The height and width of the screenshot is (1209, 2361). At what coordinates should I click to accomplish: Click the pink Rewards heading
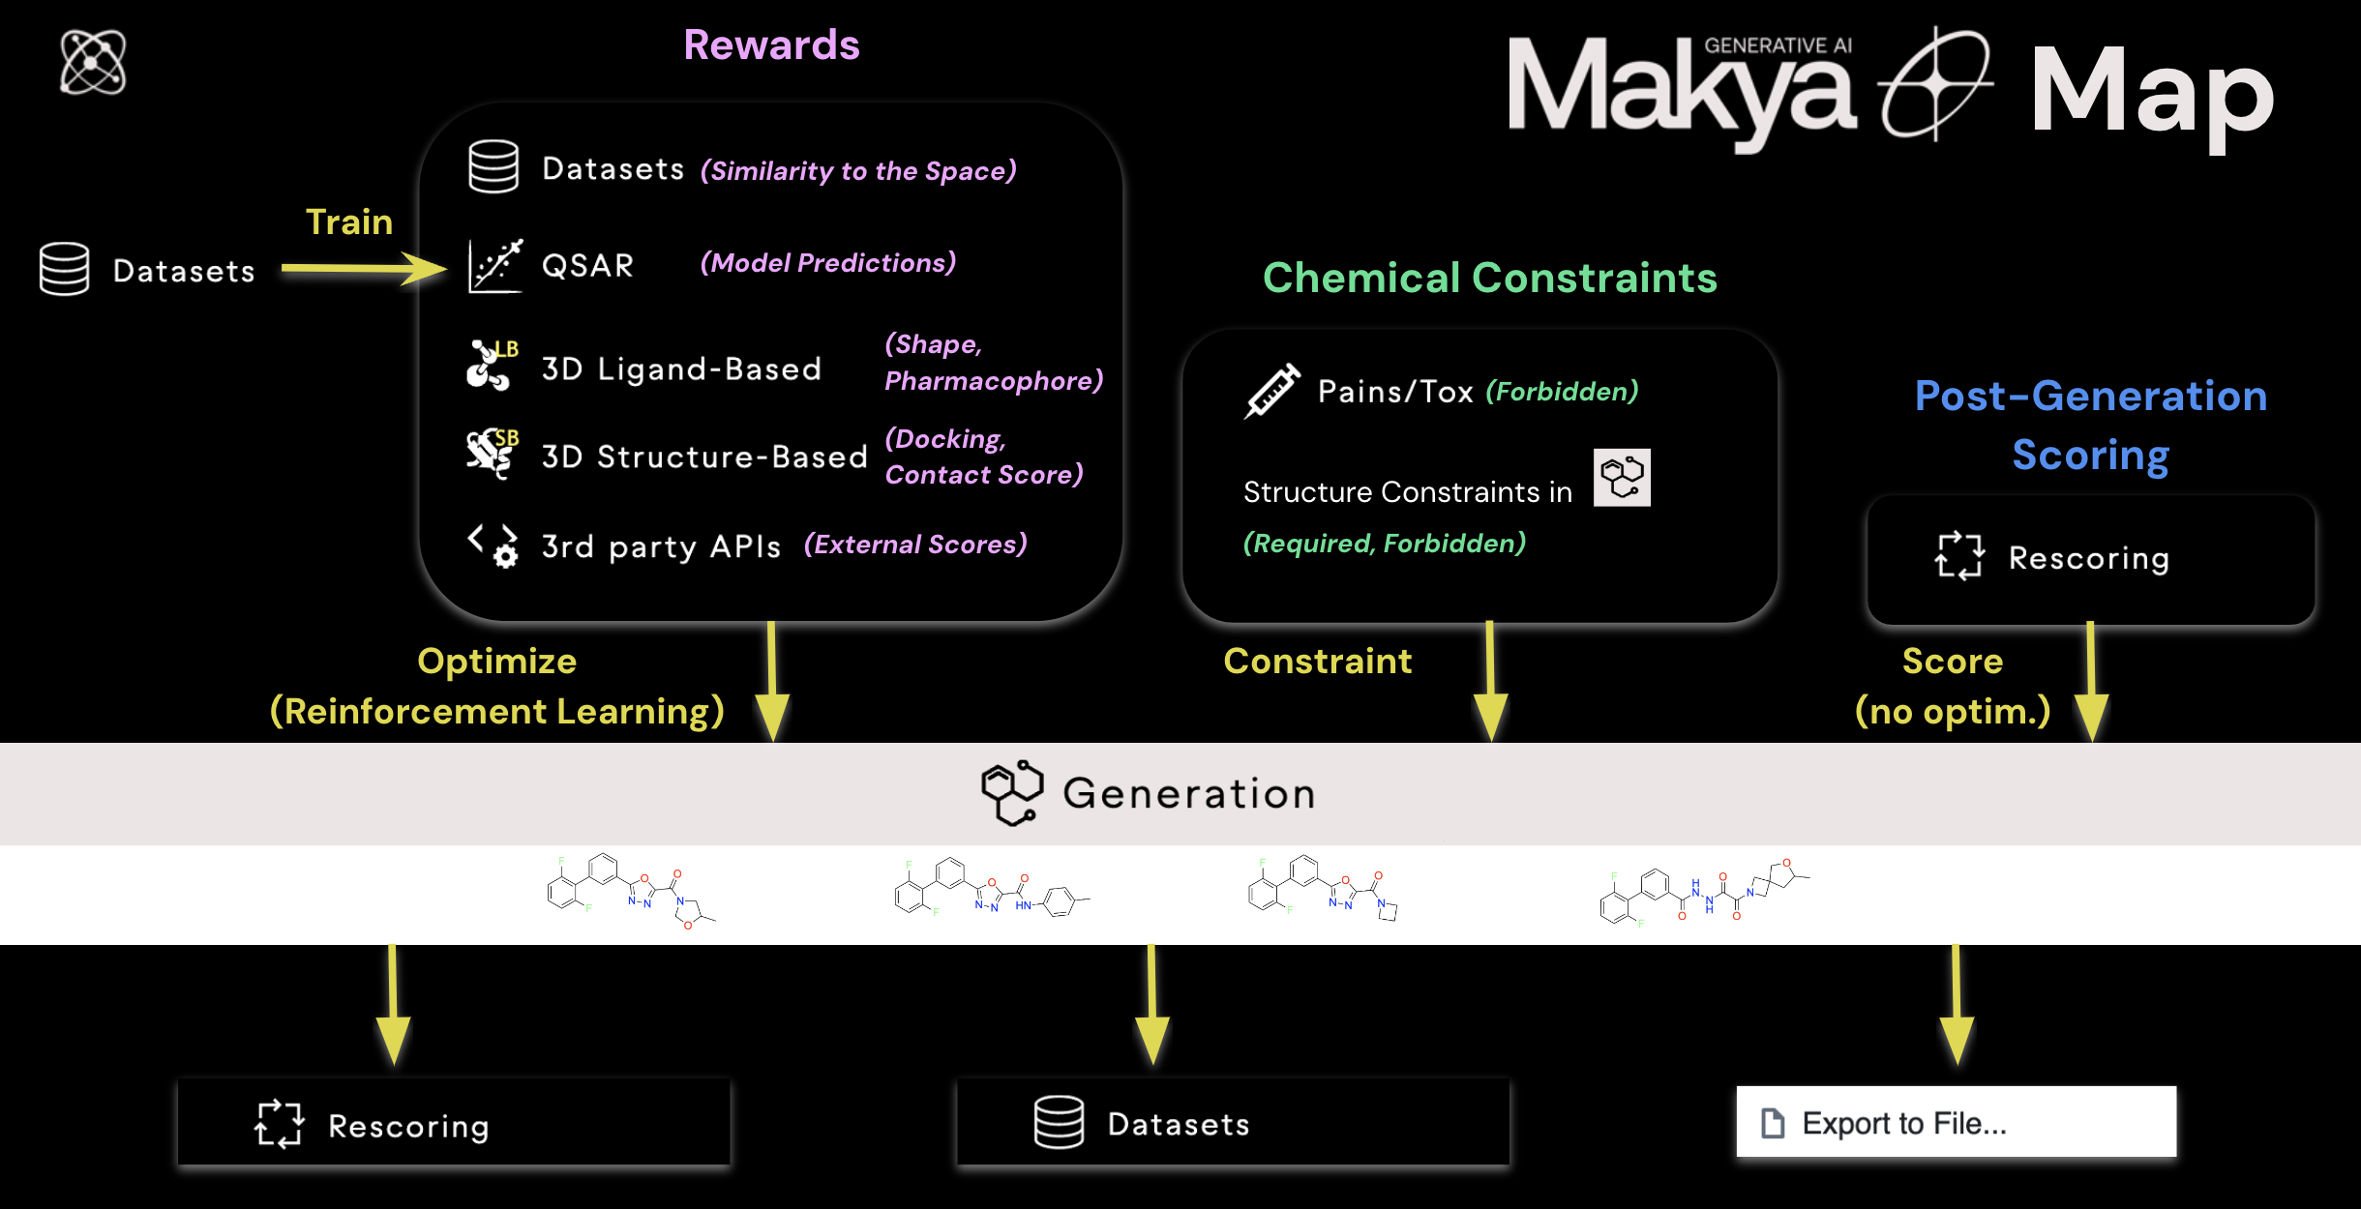(771, 45)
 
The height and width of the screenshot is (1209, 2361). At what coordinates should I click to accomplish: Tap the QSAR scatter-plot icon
(494, 265)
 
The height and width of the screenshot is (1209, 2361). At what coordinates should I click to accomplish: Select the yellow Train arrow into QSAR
(363, 268)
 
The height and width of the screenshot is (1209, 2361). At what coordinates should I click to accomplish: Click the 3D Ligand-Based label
(681, 369)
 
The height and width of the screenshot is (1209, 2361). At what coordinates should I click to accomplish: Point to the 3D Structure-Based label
(703, 457)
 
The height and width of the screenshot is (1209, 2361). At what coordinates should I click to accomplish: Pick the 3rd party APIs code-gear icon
(493, 546)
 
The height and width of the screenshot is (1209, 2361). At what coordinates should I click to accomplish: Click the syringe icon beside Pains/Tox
(1271, 392)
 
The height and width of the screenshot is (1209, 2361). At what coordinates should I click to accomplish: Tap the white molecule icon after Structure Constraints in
(1622, 478)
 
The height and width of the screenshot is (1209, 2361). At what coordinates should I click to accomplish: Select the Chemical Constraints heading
(1489, 279)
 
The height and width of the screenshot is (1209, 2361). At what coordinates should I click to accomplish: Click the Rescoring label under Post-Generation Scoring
(2088, 558)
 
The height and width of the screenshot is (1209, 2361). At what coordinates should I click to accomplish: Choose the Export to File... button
(1956, 1122)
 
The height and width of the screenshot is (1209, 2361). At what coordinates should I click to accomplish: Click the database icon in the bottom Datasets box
(1059, 1122)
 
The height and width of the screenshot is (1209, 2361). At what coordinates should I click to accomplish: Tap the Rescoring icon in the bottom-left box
(280, 1124)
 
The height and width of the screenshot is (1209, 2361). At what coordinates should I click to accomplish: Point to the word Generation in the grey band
(1189, 794)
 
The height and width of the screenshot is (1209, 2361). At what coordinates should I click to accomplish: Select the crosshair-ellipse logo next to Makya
(1934, 84)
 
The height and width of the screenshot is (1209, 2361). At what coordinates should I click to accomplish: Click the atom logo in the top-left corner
(93, 63)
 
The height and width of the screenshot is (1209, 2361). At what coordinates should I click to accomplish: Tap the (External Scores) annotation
(915, 545)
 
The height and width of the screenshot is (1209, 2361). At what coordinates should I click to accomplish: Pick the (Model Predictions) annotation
(828, 263)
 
